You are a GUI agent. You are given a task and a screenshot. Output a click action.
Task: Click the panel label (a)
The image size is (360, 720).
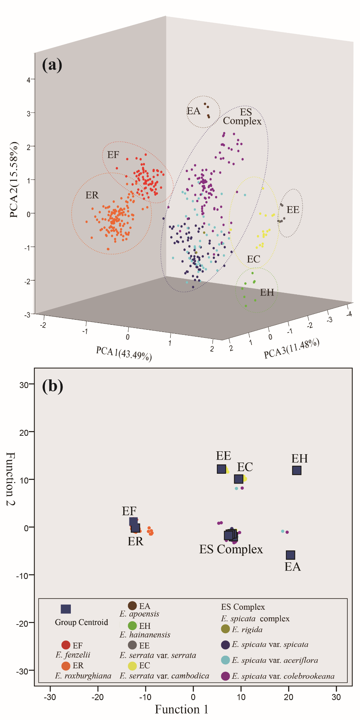(x=52, y=65)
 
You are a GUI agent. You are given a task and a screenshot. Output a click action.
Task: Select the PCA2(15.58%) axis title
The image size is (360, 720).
(x=14, y=180)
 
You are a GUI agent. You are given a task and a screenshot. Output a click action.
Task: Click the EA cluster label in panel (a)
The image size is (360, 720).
(x=193, y=111)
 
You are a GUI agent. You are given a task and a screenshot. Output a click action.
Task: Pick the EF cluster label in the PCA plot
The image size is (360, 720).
(x=113, y=155)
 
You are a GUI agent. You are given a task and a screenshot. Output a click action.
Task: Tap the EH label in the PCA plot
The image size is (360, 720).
(x=267, y=292)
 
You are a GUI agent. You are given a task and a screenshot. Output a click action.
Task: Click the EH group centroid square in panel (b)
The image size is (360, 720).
(x=297, y=470)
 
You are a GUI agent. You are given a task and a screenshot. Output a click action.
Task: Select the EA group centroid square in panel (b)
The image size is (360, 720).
(x=290, y=555)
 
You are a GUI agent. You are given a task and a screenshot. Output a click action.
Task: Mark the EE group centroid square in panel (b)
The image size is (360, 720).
(x=221, y=469)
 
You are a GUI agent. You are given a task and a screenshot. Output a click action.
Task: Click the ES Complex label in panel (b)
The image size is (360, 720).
(x=231, y=549)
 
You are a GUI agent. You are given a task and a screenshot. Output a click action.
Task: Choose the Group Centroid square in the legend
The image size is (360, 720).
(x=66, y=609)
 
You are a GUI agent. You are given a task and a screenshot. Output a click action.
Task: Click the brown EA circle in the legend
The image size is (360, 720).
(x=132, y=606)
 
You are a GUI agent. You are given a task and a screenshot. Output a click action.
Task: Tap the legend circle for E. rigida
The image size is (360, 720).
(x=225, y=629)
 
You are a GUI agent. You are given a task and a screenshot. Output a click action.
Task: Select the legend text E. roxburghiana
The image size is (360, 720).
(x=83, y=676)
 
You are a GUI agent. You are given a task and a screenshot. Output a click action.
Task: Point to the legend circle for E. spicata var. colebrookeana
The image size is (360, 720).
(x=225, y=676)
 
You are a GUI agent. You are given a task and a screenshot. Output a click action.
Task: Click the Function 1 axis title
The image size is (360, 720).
(x=181, y=709)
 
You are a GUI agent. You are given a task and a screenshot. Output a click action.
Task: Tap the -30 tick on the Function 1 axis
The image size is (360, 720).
(x=50, y=696)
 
